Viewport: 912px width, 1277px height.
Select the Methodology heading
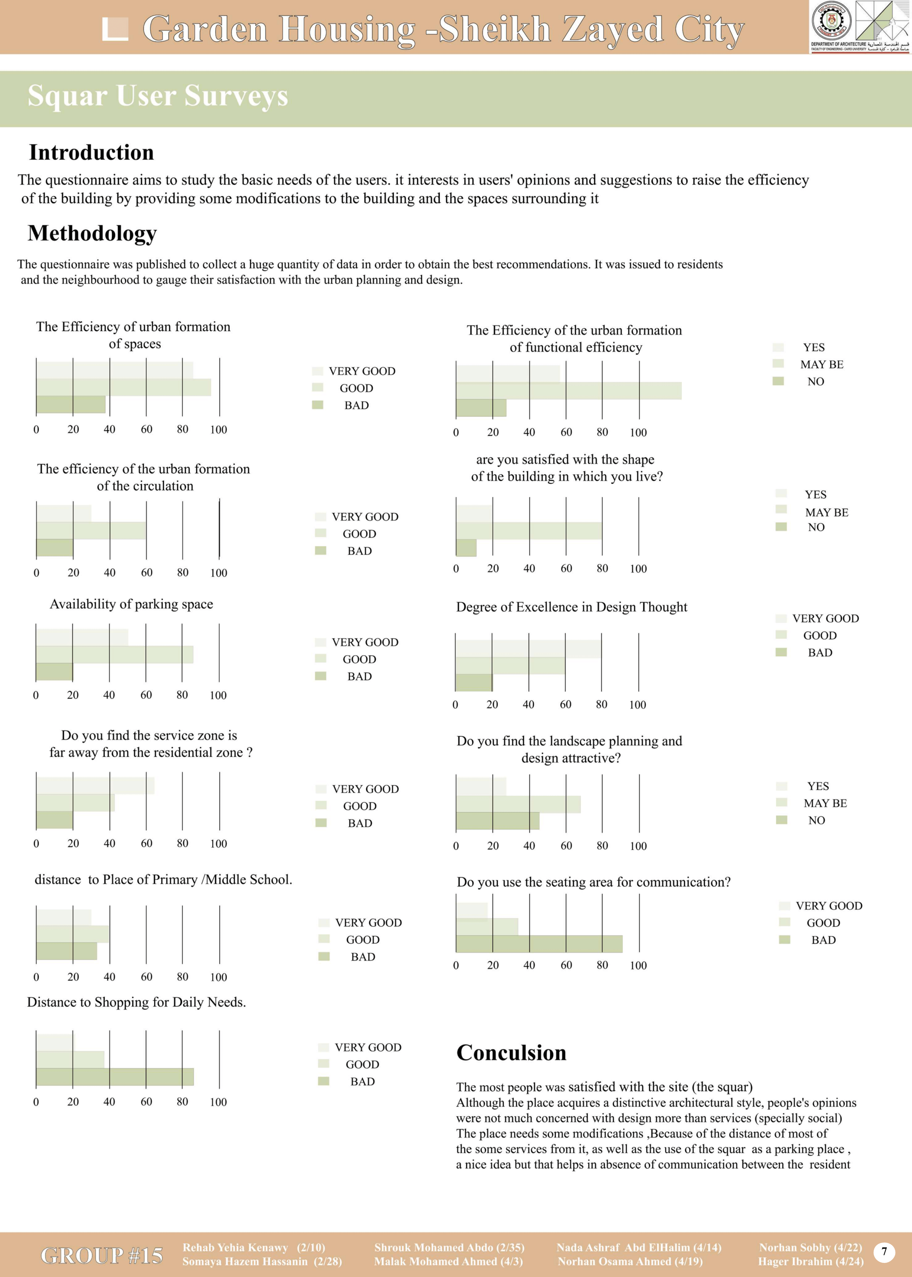(x=92, y=233)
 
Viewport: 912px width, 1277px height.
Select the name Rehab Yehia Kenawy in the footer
(x=235, y=1247)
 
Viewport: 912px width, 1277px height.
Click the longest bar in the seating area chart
(x=539, y=944)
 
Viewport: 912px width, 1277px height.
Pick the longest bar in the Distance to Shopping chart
(x=115, y=1076)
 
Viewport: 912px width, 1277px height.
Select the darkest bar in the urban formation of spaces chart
(x=71, y=405)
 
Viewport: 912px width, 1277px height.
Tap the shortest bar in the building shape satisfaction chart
(x=466, y=548)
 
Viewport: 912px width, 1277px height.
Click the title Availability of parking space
(x=131, y=604)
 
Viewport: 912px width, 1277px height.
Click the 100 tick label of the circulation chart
(x=218, y=573)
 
